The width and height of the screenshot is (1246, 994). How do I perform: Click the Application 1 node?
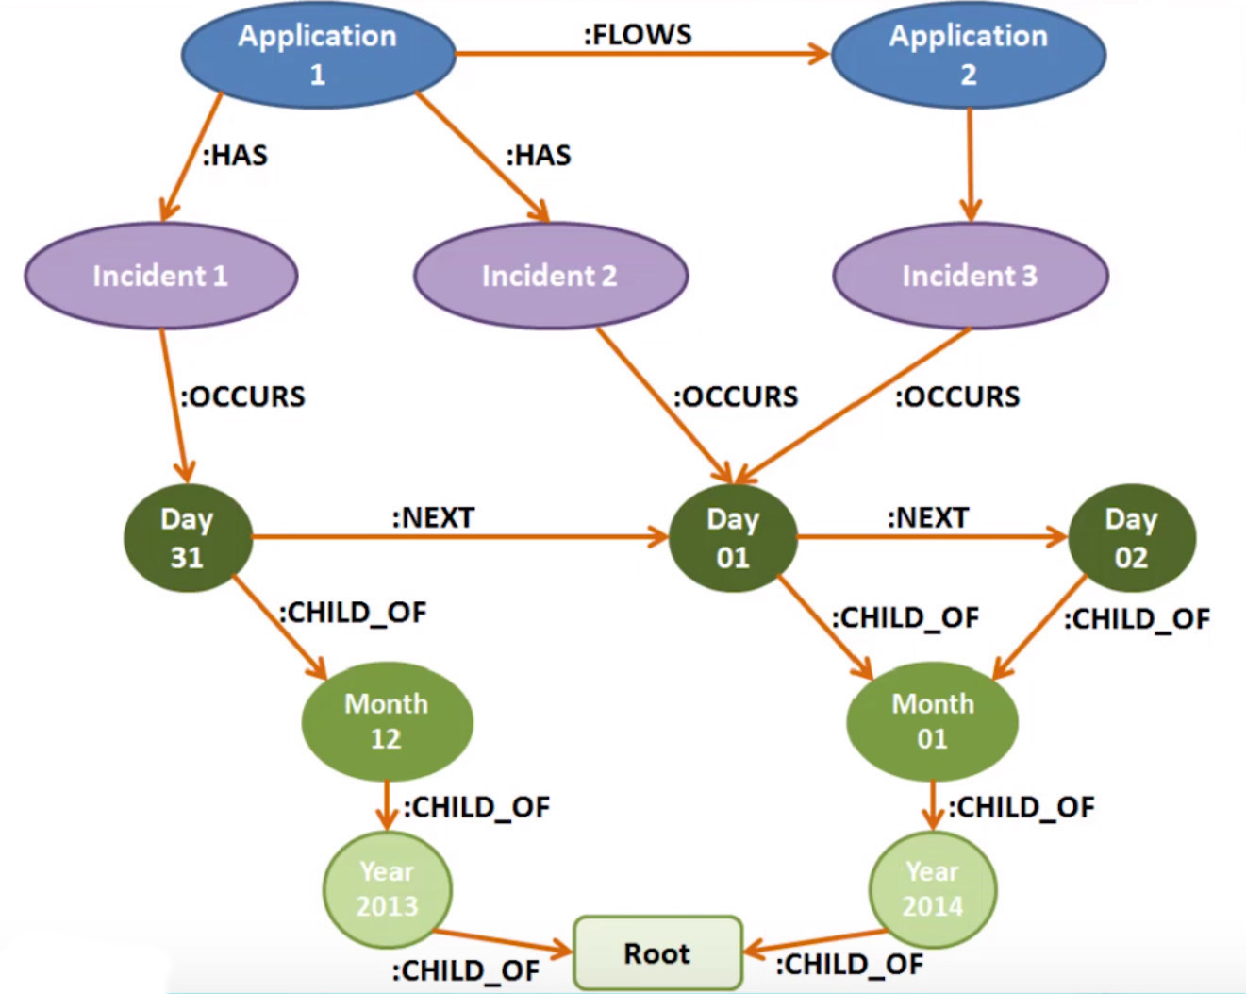coord(318,55)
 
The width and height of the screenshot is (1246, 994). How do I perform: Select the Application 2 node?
coord(969,55)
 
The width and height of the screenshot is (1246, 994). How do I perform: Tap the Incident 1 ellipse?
coord(161,276)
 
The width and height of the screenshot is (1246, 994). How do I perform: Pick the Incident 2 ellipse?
coord(551,276)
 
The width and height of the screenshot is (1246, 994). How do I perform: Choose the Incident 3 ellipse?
coord(971,276)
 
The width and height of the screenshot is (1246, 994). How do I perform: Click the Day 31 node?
coord(189,538)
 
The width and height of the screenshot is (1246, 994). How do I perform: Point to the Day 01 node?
coord(733,538)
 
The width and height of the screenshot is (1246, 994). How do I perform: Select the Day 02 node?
coord(1132,538)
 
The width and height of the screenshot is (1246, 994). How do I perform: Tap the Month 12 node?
coord(388,721)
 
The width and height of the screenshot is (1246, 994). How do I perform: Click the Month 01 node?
coord(932,721)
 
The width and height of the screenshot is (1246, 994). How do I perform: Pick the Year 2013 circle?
coord(388,889)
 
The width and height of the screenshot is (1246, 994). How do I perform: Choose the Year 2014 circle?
coord(933,889)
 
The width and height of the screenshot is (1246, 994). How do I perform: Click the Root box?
coord(657,952)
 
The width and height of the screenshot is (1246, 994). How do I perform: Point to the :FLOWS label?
coord(638,35)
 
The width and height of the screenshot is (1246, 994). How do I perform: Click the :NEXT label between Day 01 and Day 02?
coord(928,517)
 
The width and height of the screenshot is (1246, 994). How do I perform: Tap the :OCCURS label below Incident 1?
coord(243,397)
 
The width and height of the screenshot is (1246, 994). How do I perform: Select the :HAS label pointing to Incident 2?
coord(539,156)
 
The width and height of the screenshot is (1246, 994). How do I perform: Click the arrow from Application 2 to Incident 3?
coord(970,165)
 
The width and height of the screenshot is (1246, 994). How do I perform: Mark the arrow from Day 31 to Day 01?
coord(460,537)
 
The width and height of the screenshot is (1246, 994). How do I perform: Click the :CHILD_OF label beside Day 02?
coord(1138,619)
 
